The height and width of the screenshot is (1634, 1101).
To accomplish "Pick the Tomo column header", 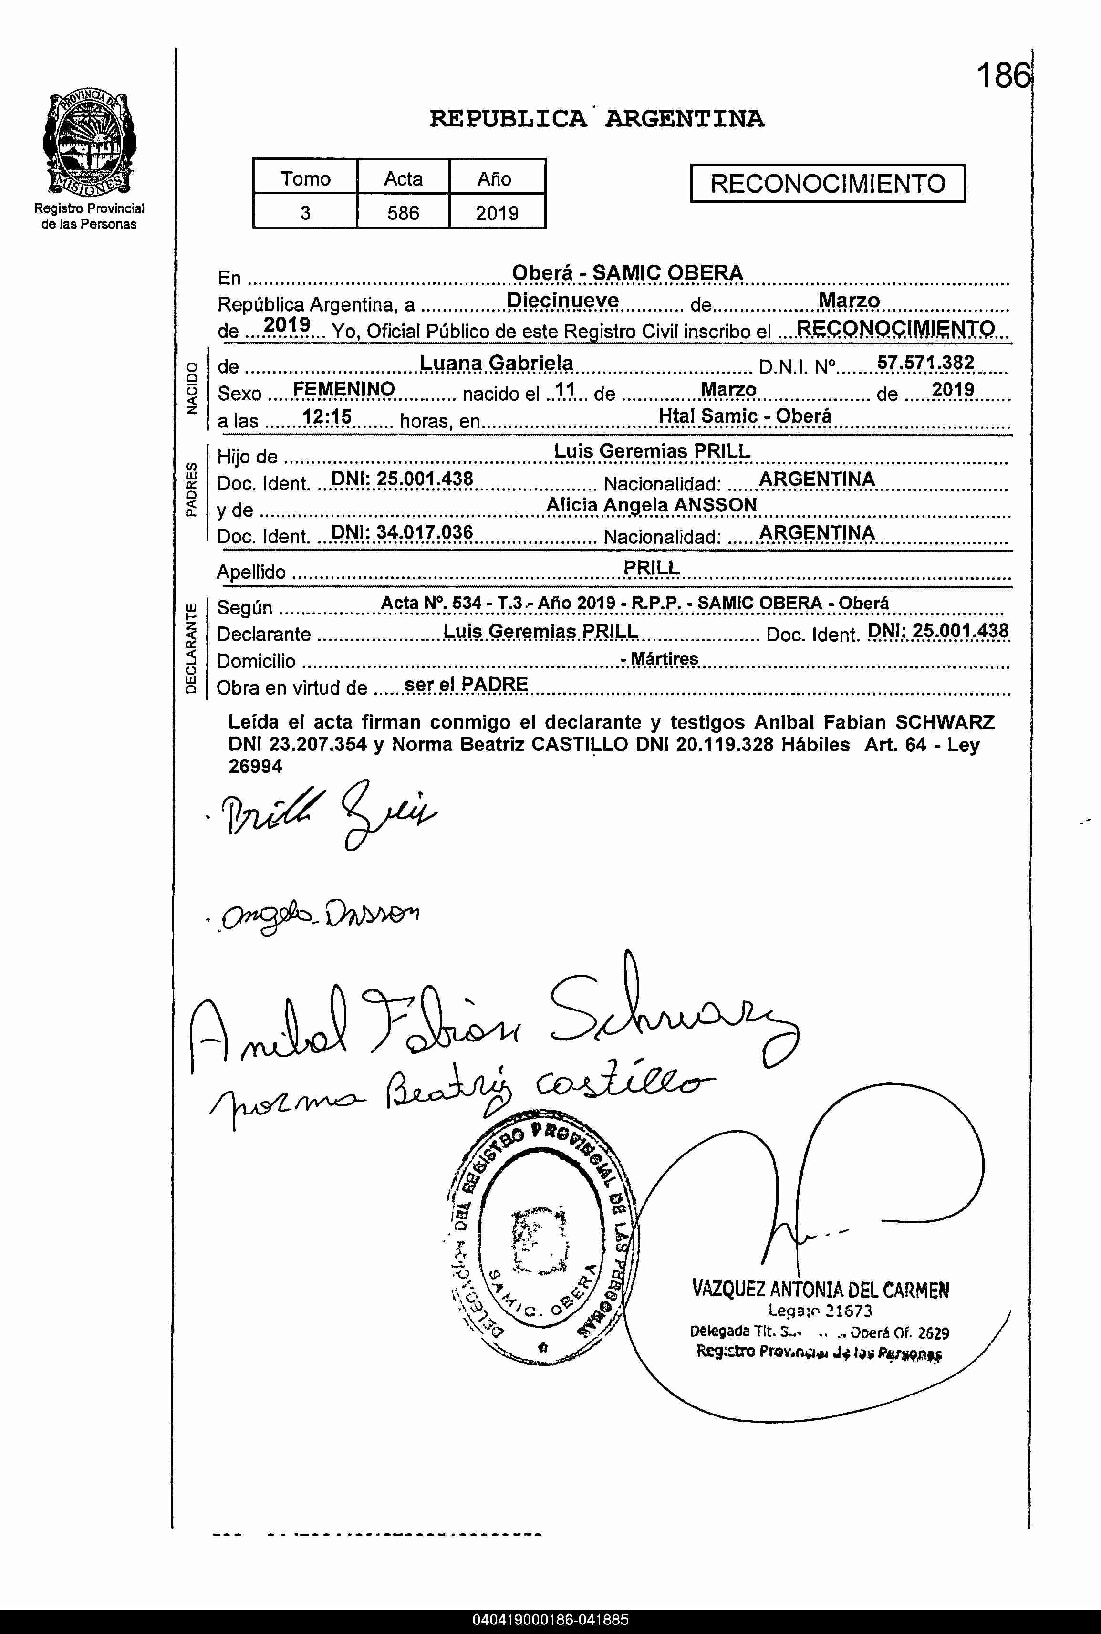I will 305,178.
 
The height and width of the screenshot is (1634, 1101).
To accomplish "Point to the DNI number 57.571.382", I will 925,362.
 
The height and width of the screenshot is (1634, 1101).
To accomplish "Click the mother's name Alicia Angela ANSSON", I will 652,505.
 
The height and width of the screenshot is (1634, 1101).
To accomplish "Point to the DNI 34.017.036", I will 402,532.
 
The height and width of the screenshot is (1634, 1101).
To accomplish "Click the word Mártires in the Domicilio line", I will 664,659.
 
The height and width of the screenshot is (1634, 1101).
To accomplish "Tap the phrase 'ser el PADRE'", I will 466,685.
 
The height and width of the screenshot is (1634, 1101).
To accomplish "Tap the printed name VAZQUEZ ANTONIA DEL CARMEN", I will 820,1289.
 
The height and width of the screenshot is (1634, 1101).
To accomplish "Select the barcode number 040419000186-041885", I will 550,1621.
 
